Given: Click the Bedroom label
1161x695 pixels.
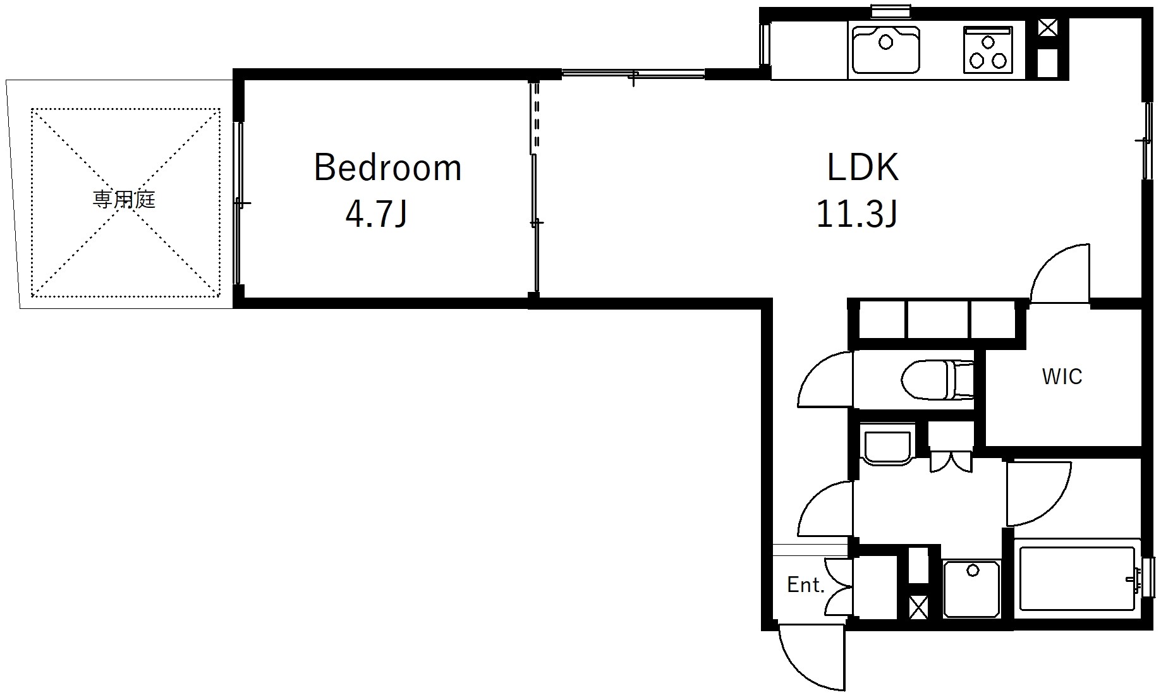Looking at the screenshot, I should (387, 167).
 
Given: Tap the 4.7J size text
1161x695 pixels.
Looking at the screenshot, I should (376, 214).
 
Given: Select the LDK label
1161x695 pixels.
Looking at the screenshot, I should (863, 167).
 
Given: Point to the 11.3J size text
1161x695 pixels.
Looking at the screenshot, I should (857, 214).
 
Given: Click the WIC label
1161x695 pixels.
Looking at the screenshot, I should (1062, 377).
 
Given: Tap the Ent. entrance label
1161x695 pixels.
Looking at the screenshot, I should (806, 585).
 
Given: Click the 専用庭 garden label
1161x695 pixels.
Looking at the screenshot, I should (124, 200).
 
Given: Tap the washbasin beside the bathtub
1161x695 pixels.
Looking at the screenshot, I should (971, 588).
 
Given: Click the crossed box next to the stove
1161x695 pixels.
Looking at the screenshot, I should (1048, 28).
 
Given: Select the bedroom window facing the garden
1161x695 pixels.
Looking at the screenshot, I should (238, 203).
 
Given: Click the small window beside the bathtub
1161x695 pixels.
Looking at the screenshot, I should (1148, 577).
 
